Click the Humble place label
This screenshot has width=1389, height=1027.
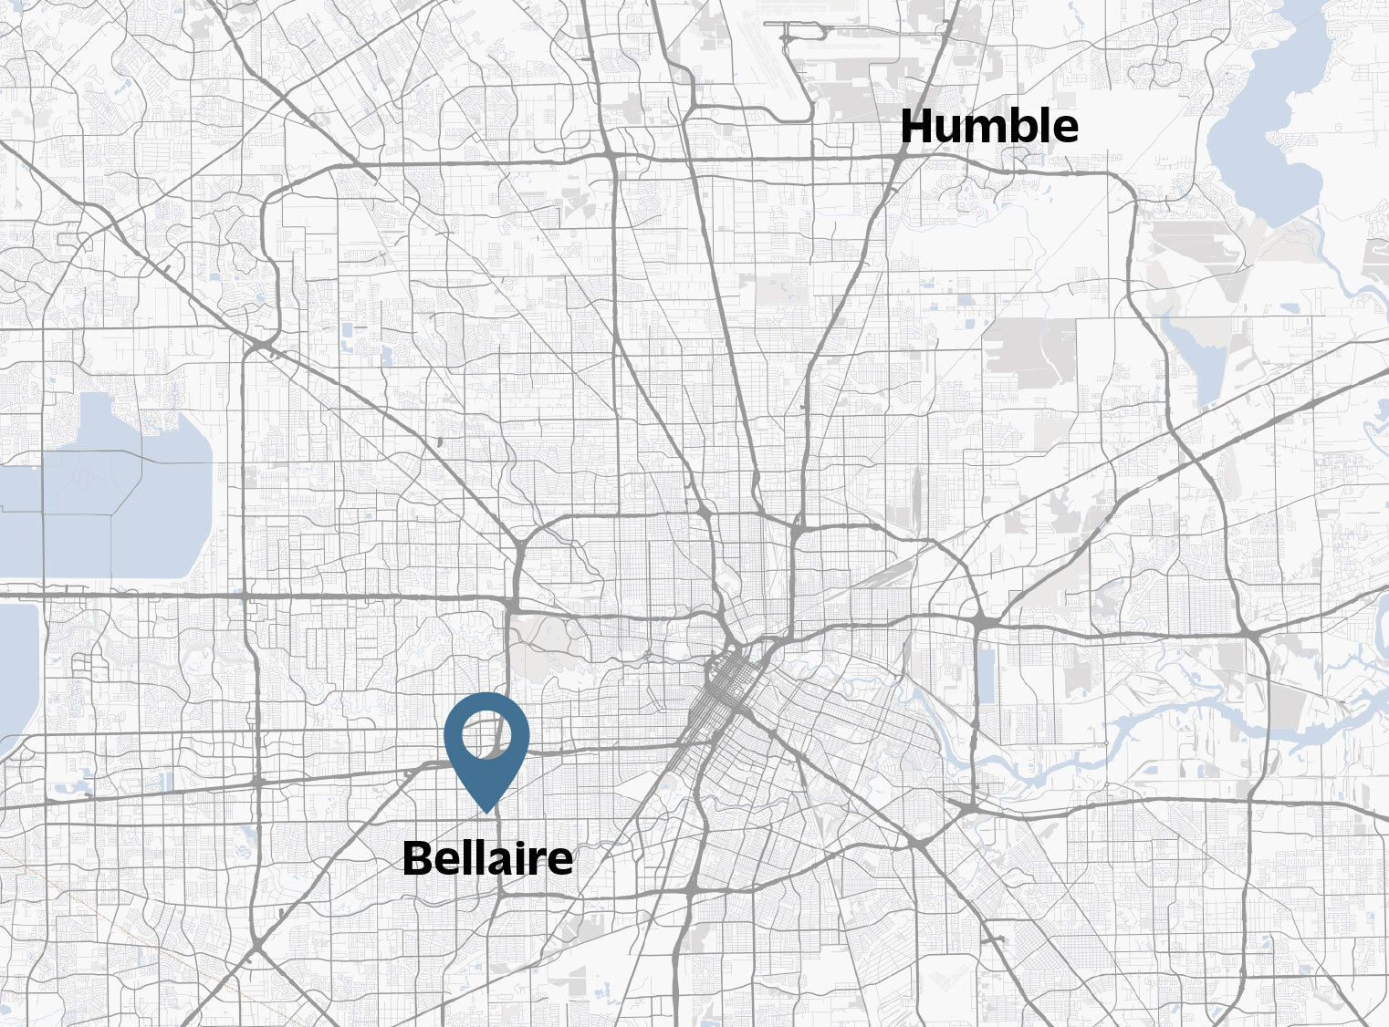coord(988,126)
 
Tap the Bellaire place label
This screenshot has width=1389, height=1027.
coord(487,858)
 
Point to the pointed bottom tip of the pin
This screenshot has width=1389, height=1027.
coord(487,811)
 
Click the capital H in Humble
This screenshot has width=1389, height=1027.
coord(917,126)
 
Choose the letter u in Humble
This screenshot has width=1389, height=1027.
coord(950,130)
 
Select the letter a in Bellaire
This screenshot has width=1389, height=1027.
coord(500,862)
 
